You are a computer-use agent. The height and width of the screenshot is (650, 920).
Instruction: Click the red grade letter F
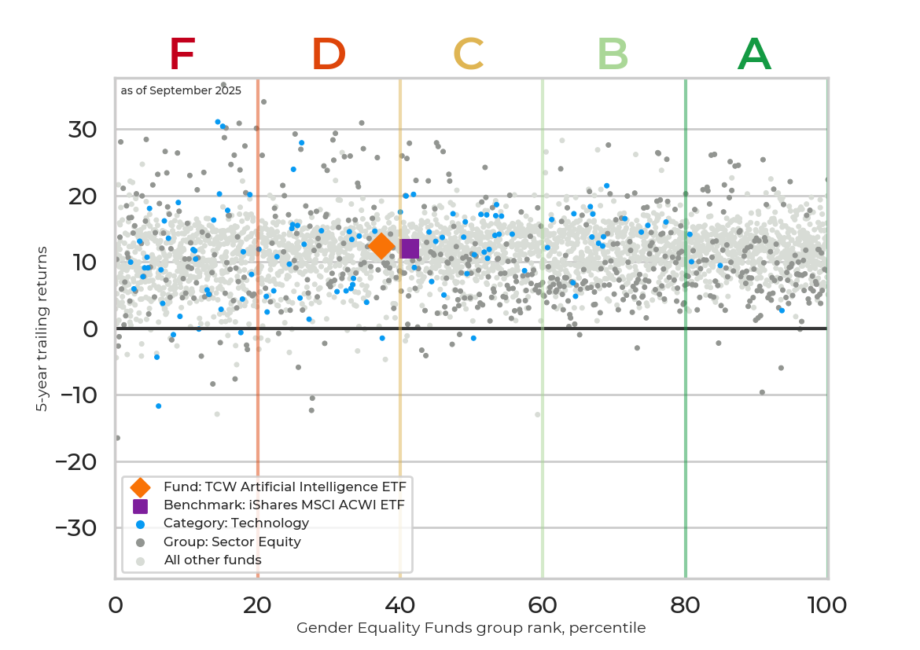pyautogui.click(x=182, y=55)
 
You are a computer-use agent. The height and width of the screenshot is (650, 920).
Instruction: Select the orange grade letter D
pyautogui.click(x=329, y=55)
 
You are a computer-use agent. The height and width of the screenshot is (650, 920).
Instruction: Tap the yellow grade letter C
pyautogui.click(x=469, y=55)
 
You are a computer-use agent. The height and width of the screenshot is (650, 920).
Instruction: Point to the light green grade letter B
pyautogui.click(x=613, y=55)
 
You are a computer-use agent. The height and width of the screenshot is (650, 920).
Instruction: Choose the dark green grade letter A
pyautogui.click(x=754, y=55)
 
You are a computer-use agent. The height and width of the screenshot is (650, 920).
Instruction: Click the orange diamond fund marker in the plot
pyautogui.click(x=381, y=246)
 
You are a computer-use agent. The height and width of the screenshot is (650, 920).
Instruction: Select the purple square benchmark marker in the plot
pyautogui.click(x=410, y=248)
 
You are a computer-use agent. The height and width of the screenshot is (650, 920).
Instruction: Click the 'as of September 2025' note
pyautogui.click(x=181, y=90)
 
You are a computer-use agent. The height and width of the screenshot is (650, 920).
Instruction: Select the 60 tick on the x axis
pyautogui.click(x=542, y=604)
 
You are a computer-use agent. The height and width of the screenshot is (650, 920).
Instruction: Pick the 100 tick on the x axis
pyautogui.click(x=826, y=604)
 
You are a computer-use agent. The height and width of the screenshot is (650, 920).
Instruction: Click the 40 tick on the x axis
pyautogui.click(x=399, y=604)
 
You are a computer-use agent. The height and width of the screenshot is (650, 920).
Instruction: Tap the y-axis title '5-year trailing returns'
pyautogui.click(x=42, y=329)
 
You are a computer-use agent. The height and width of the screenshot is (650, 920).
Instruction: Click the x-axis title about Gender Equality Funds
pyautogui.click(x=471, y=628)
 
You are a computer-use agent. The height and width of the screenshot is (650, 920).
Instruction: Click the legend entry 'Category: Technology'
pyautogui.click(x=236, y=523)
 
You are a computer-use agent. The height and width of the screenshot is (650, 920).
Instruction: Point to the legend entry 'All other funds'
pyautogui.click(x=212, y=560)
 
